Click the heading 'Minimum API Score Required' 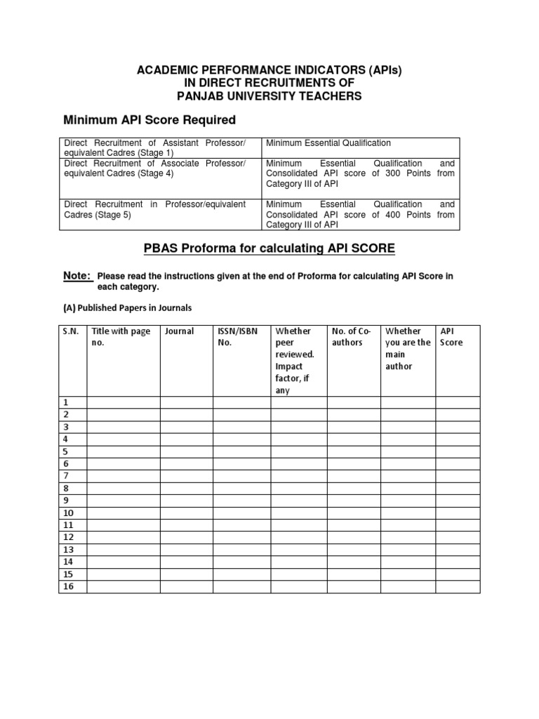(149, 119)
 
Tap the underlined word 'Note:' (77, 276)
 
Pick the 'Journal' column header (179, 331)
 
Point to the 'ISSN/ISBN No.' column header (234, 337)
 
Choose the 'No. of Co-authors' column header (349, 337)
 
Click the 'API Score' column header (451, 337)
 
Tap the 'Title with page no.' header (121, 337)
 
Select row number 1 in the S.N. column (66, 403)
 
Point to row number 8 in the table (66, 488)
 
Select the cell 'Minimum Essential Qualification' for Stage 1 (328, 143)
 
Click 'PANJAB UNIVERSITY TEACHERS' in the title (269, 96)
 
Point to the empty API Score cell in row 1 (458, 403)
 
